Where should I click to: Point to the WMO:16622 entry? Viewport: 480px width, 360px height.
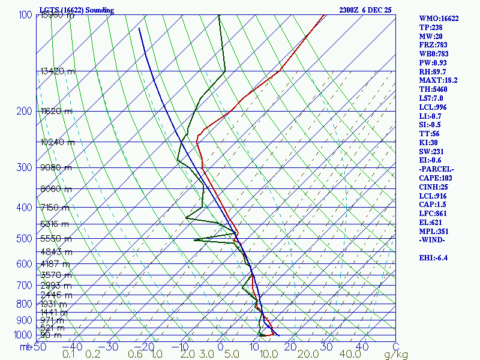(439, 19)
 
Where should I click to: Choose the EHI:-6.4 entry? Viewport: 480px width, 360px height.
(434, 258)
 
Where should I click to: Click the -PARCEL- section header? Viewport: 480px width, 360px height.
(436, 169)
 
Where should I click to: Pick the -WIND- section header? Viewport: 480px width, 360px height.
(432, 240)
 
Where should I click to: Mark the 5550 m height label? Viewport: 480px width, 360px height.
(55, 238)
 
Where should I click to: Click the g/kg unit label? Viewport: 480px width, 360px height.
(396, 355)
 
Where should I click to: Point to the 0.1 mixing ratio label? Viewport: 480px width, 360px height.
(69, 355)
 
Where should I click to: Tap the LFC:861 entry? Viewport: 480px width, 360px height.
(434, 214)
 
